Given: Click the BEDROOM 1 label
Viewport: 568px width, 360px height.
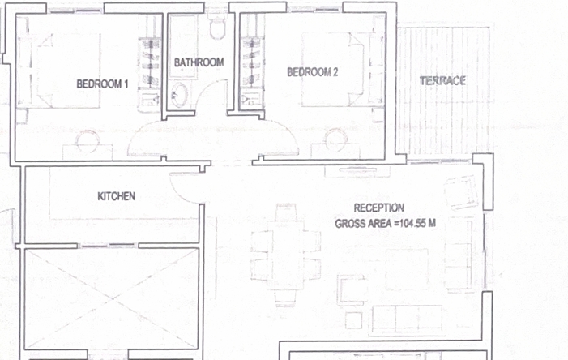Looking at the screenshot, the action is (x=103, y=84).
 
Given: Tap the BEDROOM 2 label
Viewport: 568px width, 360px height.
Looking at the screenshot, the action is (x=312, y=72).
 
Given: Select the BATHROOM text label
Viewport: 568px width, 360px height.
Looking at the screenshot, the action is (x=199, y=62).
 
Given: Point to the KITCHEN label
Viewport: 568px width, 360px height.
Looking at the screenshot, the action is (x=117, y=196).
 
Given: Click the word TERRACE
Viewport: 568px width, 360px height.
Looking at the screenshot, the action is (x=442, y=80).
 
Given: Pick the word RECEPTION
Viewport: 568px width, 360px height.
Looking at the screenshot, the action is (x=378, y=208).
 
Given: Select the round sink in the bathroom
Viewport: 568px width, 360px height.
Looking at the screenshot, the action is (x=178, y=95).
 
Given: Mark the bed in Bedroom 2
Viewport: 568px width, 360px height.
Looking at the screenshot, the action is (x=332, y=70).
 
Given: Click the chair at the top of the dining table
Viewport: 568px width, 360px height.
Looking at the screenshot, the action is (x=287, y=212).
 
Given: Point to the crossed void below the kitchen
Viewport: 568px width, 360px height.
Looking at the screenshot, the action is (x=112, y=298).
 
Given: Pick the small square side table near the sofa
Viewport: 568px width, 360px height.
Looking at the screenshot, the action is (x=353, y=320).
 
